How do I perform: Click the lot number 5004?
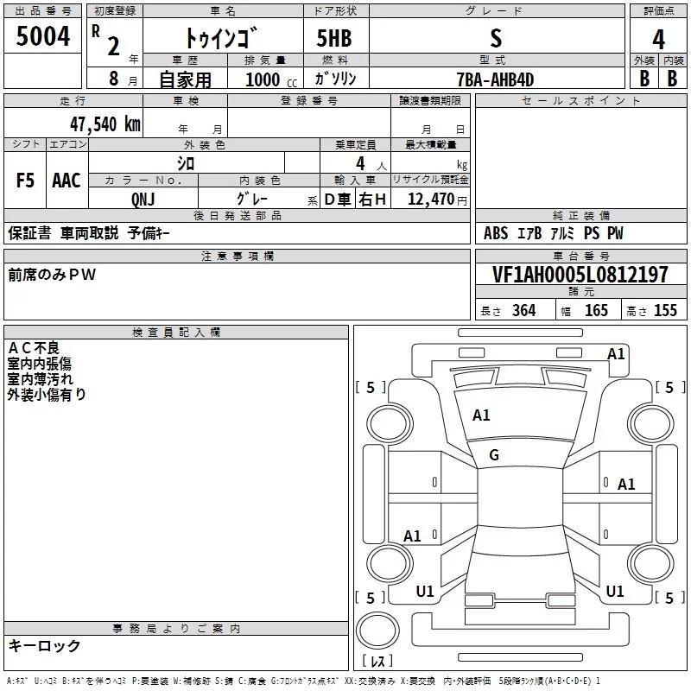click(x=42, y=35)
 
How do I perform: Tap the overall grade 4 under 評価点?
click(x=658, y=39)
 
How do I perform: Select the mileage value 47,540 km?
click(x=105, y=124)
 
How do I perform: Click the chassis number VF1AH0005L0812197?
click(x=580, y=274)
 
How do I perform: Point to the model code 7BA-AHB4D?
click(x=495, y=79)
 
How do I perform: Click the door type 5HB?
click(x=334, y=38)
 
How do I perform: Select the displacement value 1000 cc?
click(x=271, y=79)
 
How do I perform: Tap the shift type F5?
click(x=25, y=181)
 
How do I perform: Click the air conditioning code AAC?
click(x=67, y=181)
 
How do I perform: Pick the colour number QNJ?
click(x=143, y=200)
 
